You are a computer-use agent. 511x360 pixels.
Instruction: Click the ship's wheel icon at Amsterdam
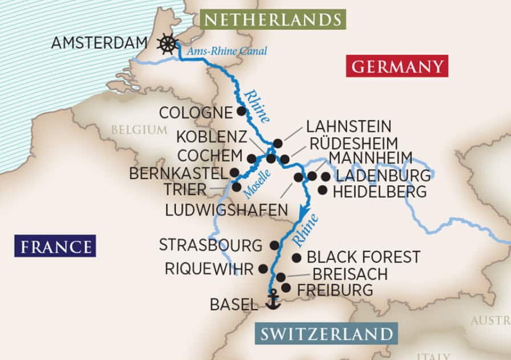click(x=167, y=43)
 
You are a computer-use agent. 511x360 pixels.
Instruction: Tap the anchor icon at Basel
click(x=274, y=300)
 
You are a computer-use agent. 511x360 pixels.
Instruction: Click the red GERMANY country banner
click(x=397, y=66)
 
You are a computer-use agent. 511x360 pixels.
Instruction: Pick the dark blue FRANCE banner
click(x=55, y=246)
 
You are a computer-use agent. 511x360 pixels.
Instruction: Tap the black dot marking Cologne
click(x=242, y=111)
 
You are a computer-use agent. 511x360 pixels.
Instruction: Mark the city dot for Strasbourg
click(x=274, y=245)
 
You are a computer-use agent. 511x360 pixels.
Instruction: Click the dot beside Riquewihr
click(x=263, y=268)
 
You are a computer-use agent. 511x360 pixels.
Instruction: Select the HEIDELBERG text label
click(x=379, y=192)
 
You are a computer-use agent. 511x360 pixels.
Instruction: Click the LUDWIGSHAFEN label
click(x=226, y=211)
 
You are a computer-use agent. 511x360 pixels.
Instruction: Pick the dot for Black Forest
click(x=297, y=258)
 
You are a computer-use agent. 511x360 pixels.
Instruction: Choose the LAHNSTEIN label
click(x=348, y=126)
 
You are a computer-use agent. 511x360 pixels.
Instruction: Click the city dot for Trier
click(x=237, y=187)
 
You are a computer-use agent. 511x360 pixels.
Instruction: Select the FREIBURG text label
click(x=335, y=290)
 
